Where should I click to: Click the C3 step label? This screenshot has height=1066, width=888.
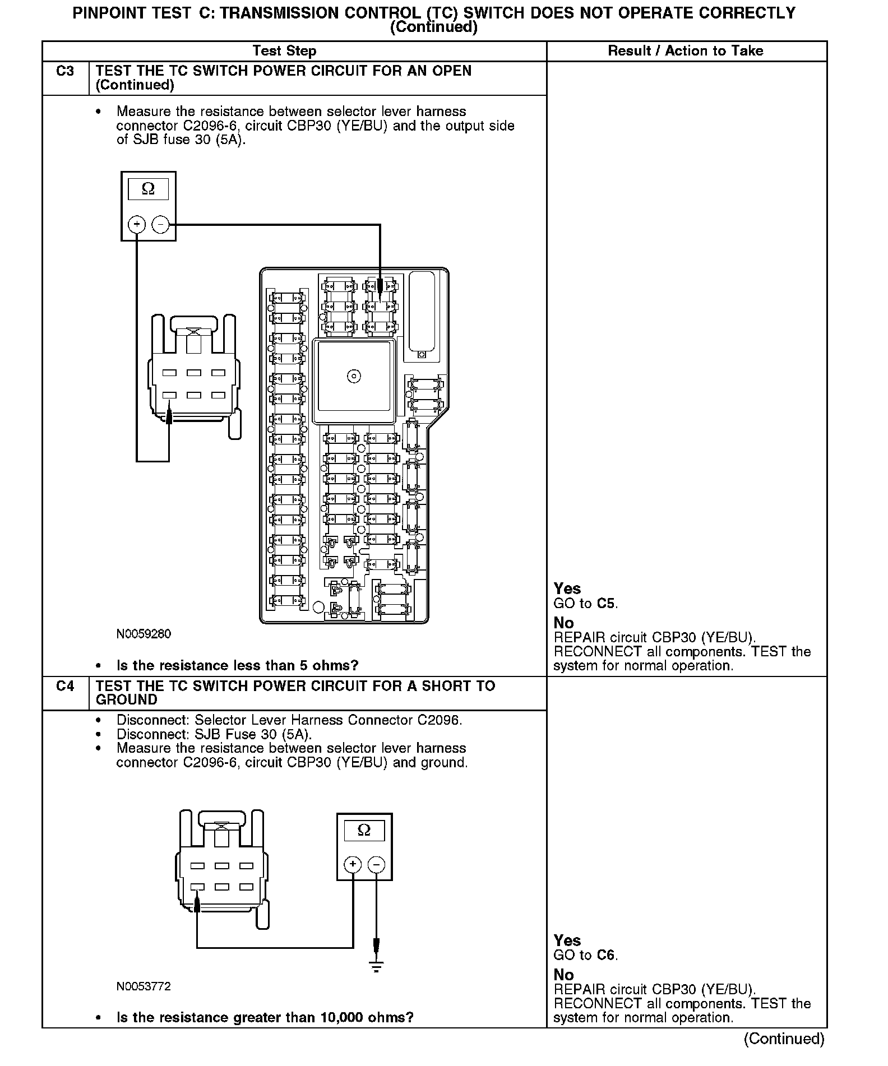(65, 71)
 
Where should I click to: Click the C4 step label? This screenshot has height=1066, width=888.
(65, 686)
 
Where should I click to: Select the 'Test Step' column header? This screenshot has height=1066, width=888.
(284, 51)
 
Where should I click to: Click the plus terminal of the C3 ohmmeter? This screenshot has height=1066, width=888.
(137, 225)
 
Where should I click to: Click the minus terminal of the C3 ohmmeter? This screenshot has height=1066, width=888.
(160, 225)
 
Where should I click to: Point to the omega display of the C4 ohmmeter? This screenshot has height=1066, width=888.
(364, 830)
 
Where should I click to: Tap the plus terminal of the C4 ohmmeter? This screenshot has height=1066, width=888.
(353, 864)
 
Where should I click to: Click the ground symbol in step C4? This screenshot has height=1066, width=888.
(376, 965)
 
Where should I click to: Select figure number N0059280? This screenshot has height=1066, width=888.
(144, 634)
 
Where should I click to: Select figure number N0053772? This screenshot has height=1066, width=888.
(144, 986)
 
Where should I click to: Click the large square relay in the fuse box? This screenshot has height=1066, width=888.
(354, 376)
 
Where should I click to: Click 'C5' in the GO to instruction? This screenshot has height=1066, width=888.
(606, 604)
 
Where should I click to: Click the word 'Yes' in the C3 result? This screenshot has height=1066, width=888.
(567, 588)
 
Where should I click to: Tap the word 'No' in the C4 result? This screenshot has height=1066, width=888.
(563, 975)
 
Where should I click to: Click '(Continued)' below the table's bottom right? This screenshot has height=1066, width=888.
(784, 1039)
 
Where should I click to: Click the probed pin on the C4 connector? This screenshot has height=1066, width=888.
(197, 887)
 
